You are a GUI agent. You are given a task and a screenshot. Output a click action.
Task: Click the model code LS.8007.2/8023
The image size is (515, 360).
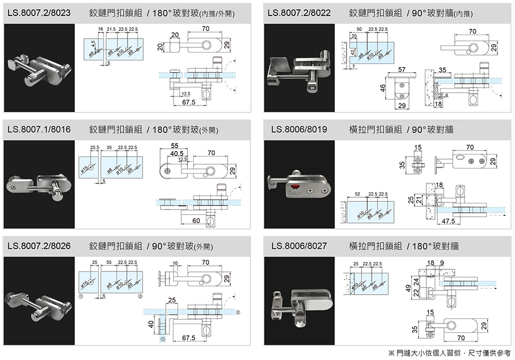pos(39,12)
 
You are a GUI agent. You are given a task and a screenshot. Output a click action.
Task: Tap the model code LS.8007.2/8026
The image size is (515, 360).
pos(39,246)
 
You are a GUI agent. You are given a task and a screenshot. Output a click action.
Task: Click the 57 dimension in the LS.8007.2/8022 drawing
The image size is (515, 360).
pos(402,69)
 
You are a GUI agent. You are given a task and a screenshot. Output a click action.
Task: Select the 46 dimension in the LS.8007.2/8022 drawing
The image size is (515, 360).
pos(382,88)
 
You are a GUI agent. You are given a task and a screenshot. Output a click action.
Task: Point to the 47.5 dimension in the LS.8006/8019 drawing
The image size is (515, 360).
pos(448,221)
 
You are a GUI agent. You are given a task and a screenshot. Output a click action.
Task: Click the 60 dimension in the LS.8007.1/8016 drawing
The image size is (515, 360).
pos(196,221)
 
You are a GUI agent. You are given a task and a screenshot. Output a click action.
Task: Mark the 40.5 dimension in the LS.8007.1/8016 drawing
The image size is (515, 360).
pos(178,153)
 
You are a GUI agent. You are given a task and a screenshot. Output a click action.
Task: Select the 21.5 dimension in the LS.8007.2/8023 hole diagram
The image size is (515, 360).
pos(111,27)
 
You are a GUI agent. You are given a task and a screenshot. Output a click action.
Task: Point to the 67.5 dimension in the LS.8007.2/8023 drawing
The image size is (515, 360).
pos(189,104)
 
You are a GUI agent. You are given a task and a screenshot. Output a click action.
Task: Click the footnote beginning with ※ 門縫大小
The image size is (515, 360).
pos(449,353)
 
